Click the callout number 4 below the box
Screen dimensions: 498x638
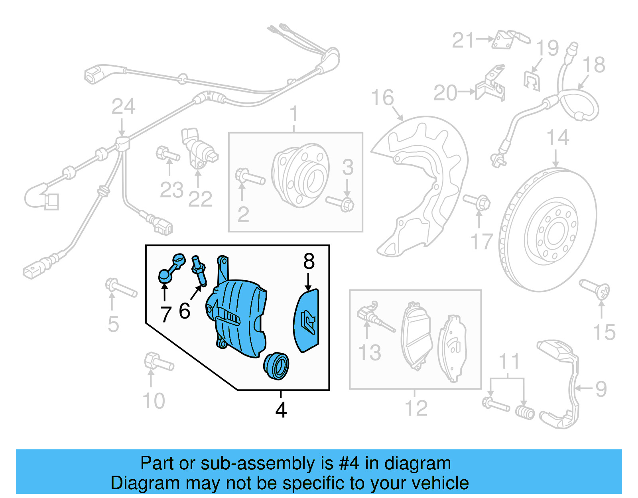[281, 410]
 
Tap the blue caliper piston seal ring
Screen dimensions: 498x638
[276, 366]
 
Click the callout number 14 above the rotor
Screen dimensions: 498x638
[557, 138]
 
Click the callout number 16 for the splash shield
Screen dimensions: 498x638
[382, 98]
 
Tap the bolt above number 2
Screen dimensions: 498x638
[250, 177]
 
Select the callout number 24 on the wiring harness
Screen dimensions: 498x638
[123, 107]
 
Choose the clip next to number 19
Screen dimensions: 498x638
[532, 81]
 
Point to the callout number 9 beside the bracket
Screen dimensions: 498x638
[600, 388]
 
